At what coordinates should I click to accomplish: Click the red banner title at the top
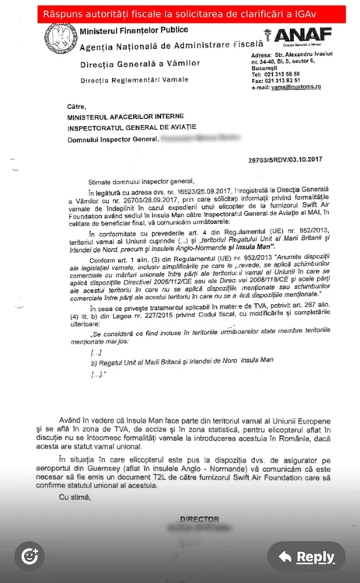click(179, 14)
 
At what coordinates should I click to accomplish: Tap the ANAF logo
click(303, 36)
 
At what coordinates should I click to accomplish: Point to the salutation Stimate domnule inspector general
click(130, 178)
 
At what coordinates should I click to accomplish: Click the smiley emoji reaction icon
click(30, 555)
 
